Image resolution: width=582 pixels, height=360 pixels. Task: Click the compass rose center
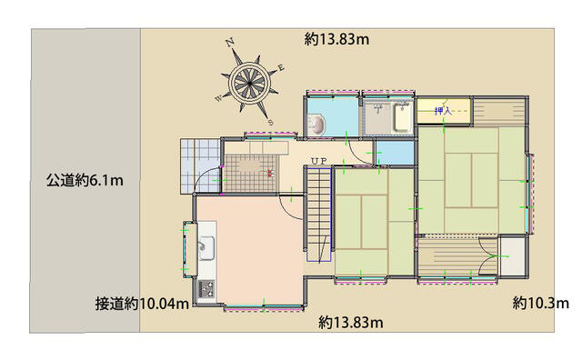(x=249, y=83)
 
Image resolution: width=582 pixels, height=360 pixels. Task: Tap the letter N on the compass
(x=230, y=43)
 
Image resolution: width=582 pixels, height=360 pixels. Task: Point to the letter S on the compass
(x=271, y=122)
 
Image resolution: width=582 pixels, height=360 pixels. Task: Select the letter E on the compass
(x=281, y=67)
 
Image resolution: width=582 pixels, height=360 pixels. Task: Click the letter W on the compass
(x=219, y=98)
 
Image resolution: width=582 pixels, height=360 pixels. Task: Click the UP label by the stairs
(x=319, y=161)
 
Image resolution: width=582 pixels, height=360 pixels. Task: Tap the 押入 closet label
(x=443, y=110)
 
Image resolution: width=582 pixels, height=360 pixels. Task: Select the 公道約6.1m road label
(x=85, y=180)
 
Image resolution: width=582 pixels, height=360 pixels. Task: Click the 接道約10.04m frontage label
(x=142, y=304)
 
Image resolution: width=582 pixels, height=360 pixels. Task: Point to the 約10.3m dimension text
(x=541, y=304)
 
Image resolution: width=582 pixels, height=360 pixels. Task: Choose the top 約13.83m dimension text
(x=337, y=39)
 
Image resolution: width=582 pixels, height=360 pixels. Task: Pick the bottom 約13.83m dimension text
(x=351, y=322)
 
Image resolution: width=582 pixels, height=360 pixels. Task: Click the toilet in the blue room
(x=316, y=125)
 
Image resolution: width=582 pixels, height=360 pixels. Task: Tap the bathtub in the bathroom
(x=402, y=117)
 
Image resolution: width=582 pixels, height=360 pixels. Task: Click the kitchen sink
(x=206, y=247)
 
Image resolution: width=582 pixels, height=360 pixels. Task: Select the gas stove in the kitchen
(x=206, y=289)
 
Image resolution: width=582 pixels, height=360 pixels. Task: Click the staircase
(x=318, y=215)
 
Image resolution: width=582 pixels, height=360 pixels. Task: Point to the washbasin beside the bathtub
(x=378, y=109)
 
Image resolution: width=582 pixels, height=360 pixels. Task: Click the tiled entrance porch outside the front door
(x=200, y=165)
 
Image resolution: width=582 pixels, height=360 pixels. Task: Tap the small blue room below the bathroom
(x=395, y=153)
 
